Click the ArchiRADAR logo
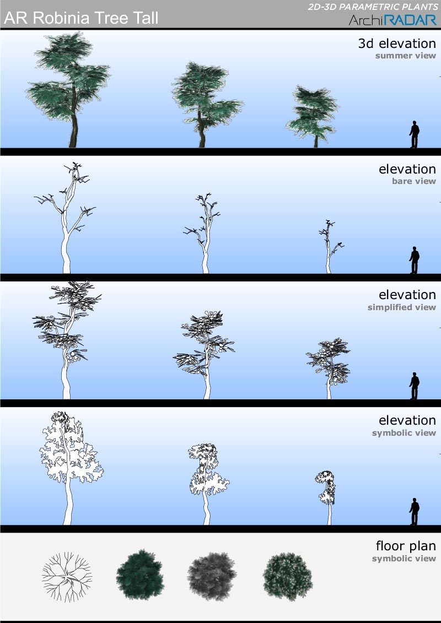click(393, 19)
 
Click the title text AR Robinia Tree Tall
click(81, 18)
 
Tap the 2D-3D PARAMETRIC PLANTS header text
click(373, 7)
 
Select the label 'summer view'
click(406, 56)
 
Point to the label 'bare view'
click(414, 181)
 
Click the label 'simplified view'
click(402, 307)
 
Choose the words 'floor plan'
click(406, 546)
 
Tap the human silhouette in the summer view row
click(415, 134)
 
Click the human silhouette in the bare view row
click(415, 260)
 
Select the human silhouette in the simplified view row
click(415, 386)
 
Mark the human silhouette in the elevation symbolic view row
click(415, 511)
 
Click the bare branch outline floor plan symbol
click(67, 576)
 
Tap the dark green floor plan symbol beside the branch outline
click(140, 575)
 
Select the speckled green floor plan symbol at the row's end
click(288, 577)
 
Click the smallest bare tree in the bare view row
click(330, 246)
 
